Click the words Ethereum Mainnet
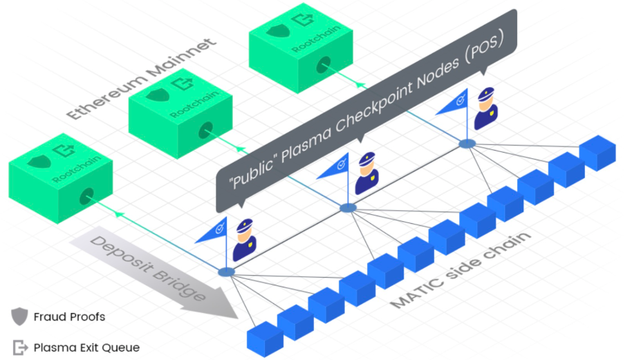[141, 79]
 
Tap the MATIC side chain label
[461, 269]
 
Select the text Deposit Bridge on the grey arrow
[147, 269]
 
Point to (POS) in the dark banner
[484, 48]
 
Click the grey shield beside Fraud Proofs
[19, 316]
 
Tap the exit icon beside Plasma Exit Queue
[20, 348]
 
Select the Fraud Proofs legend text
[69, 316]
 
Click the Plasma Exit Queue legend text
[86, 348]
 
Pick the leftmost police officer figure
[245, 240]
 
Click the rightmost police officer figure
[485, 108]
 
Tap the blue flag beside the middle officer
[335, 167]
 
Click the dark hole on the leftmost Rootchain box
[86, 196]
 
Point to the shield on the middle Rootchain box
[158, 95]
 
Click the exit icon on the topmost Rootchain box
[303, 19]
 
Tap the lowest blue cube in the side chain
[265, 339]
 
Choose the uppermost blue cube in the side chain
[597, 153]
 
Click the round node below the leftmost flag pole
[226, 272]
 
